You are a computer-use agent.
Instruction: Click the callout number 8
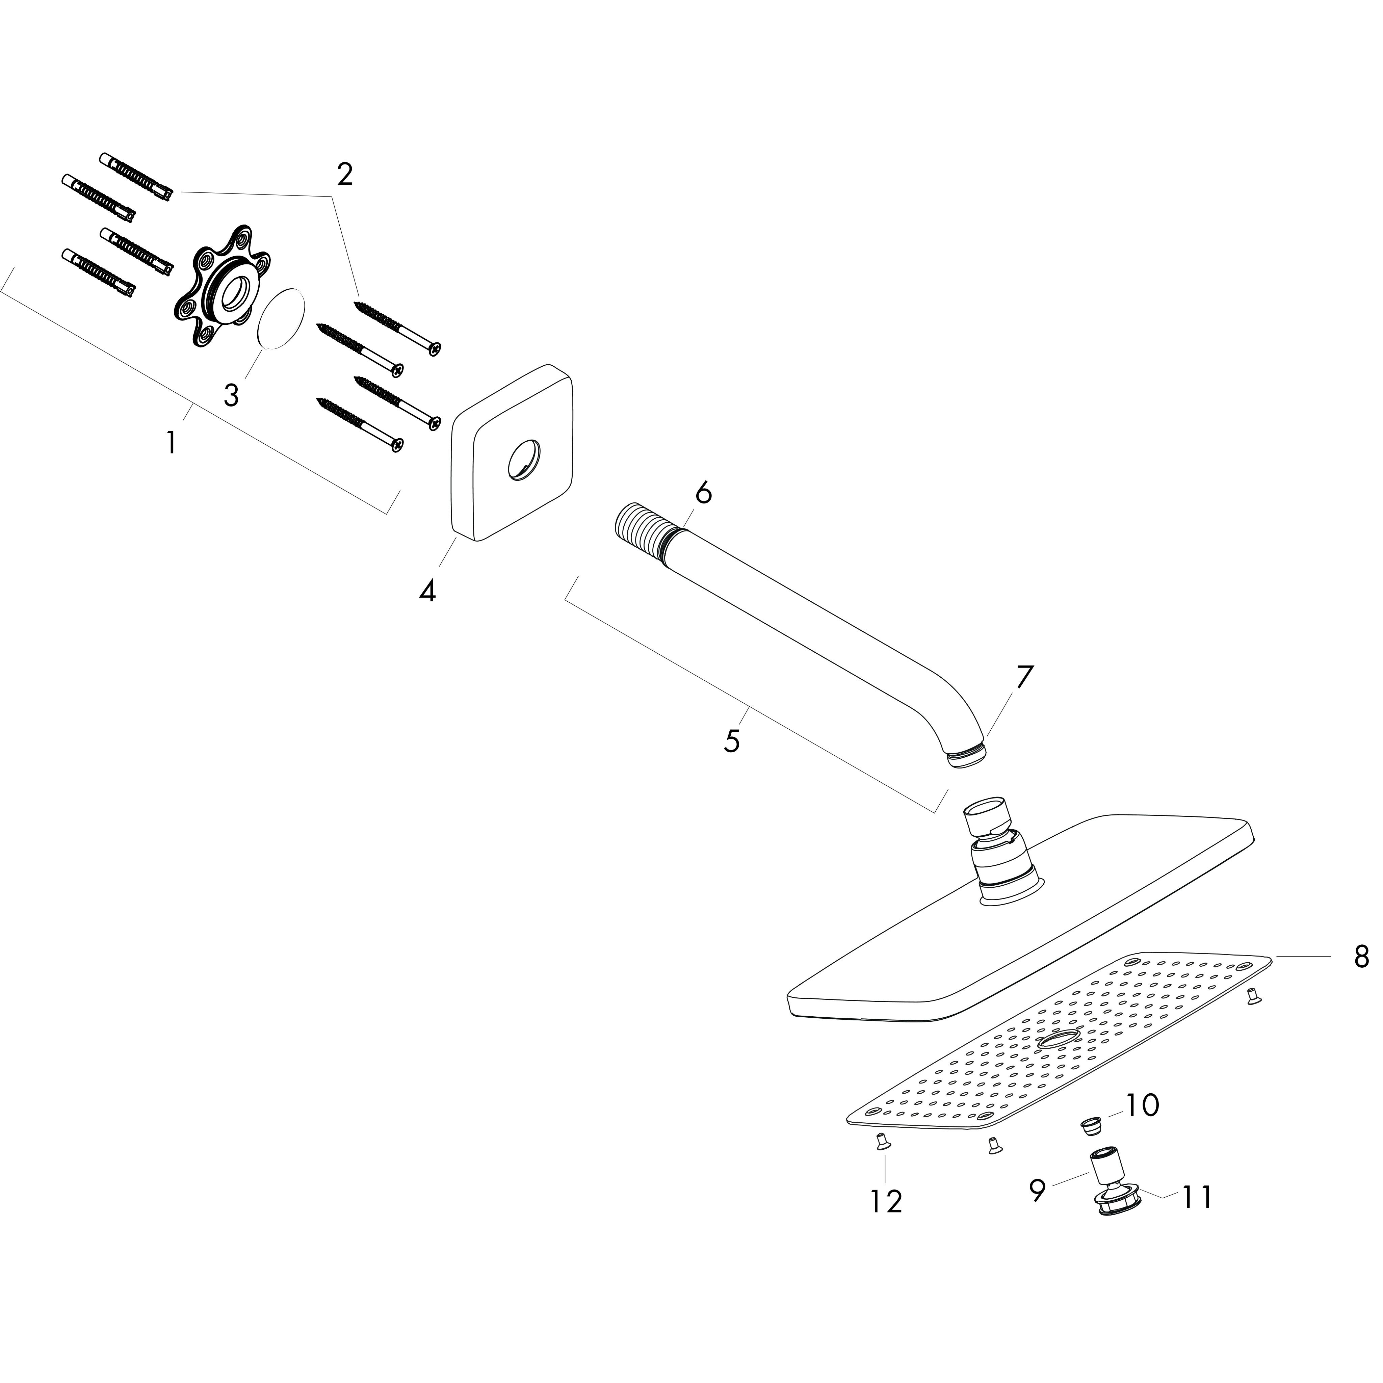pyautogui.click(x=1361, y=956)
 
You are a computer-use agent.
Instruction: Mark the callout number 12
pyautogui.click(x=886, y=1201)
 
